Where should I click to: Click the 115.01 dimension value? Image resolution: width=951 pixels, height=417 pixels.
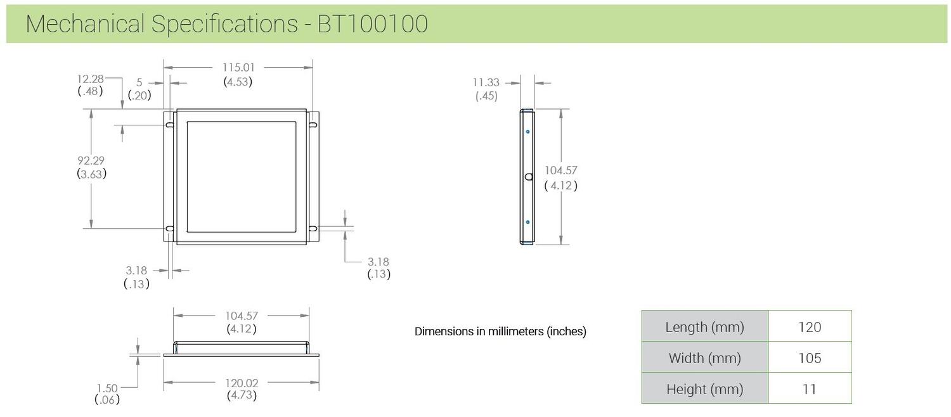[x=238, y=67]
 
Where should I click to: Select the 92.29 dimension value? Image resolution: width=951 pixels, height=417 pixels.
[x=91, y=160]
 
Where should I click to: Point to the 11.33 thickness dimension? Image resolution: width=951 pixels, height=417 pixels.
[x=486, y=82]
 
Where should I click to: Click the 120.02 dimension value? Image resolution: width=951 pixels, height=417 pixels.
[x=242, y=383]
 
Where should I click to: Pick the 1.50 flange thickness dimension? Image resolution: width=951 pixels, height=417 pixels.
[x=107, y=387]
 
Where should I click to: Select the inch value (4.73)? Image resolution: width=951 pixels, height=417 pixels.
[x=242, y=396]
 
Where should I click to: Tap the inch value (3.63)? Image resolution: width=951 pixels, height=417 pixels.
[x=91, y=174]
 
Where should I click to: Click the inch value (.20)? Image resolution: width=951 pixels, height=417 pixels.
[x=139, y=96]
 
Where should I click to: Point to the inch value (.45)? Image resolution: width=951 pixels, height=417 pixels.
[x=486, y=96]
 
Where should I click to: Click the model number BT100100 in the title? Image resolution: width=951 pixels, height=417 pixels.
[x=372, y=24]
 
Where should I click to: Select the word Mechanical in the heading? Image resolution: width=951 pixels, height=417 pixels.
[x=86, y=24]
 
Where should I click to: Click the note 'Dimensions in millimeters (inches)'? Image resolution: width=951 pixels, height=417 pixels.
[x=500, y=331]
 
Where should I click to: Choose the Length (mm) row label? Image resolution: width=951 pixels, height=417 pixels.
[x=704, y=327]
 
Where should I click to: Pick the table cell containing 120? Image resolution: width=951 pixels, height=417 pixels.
[x=810, y=327]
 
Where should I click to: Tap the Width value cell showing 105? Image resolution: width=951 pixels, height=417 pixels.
[x=810, y=358]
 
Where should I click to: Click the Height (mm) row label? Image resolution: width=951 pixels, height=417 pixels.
[x=704, y=389]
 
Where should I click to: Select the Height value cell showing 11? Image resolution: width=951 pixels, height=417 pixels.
[x=810, y=389]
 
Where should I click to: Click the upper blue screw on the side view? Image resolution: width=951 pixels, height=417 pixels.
[x=527, y=132]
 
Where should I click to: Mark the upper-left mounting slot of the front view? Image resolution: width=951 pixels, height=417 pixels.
[x=170, y=125]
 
